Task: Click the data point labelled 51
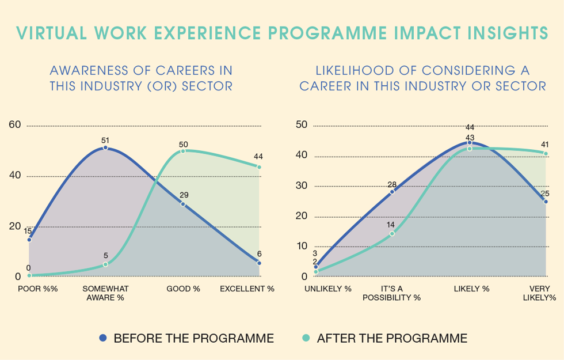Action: [x=105, y=148]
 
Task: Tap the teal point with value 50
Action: [x=183, y=151]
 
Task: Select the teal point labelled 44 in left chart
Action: [x=259, y=167]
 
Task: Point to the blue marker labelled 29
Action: [x=183, y=204]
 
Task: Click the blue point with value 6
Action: [x=259, y=263]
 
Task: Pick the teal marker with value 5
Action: [x=105, y=264]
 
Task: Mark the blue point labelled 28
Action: [x=392, y=192]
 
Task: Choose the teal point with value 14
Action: [x=392, y=234]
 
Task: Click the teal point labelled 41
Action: [x=546, y=153]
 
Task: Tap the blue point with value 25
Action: [x=546, y=202]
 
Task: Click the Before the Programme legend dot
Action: [x=103, y=338]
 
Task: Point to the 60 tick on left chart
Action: [x=14, y=125]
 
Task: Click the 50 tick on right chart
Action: [x=302, y=125]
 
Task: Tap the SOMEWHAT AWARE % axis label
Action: [x=105, y=293]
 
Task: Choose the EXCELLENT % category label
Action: [x=247, y=289]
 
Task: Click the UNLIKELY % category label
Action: [x=327, y=289]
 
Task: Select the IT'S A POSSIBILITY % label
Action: [x=391, y=293]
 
